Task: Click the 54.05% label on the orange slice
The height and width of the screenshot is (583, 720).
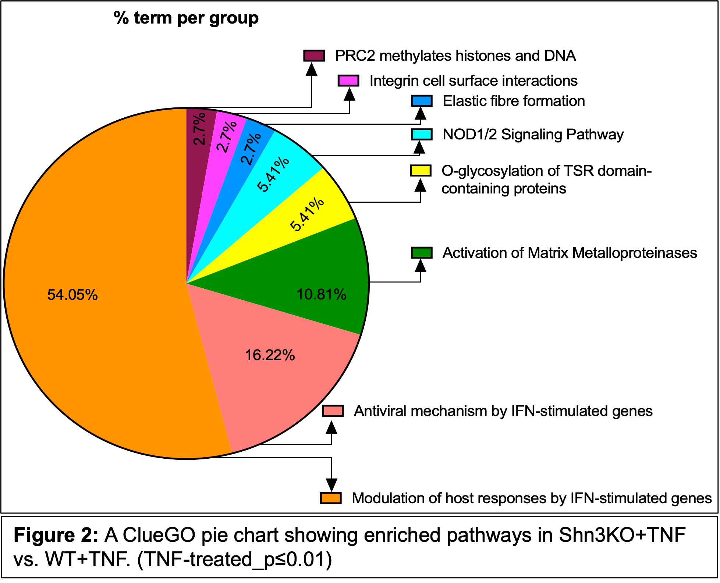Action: (x=72, y=295)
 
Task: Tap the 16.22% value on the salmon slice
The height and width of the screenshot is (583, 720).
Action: (x=270, y=355)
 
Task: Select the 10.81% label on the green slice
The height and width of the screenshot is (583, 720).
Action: (x=321, y=295)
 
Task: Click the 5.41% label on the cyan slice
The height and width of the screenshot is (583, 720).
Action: (x=273, y=174)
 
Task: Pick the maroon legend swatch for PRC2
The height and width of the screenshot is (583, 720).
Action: (x=314, y=56)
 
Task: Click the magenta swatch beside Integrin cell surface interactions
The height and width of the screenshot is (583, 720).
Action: (x=348, y=81)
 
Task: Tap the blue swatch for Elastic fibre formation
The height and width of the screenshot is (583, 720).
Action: (x=421, y=101)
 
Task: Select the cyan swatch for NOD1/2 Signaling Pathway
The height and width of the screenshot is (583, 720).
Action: (x=421, y=134)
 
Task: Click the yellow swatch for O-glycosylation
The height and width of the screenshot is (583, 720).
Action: (x=421, y=171)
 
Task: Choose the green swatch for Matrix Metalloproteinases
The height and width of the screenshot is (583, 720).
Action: (x=421, y=253)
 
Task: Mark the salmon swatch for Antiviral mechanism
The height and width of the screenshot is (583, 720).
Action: (x=333, y=411)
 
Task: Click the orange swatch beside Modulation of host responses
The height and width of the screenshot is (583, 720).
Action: (x=330, y=498)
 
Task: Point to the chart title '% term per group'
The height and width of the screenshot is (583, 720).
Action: (x=186, y=18)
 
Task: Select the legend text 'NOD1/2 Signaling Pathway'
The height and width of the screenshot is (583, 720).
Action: (x=533, y=135)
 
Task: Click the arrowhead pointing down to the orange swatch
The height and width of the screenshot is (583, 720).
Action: (x=331, y=484)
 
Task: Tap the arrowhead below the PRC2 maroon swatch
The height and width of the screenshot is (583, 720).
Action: (x=312, y=69)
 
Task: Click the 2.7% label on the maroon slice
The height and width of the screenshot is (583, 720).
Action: (x=200, y=129)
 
